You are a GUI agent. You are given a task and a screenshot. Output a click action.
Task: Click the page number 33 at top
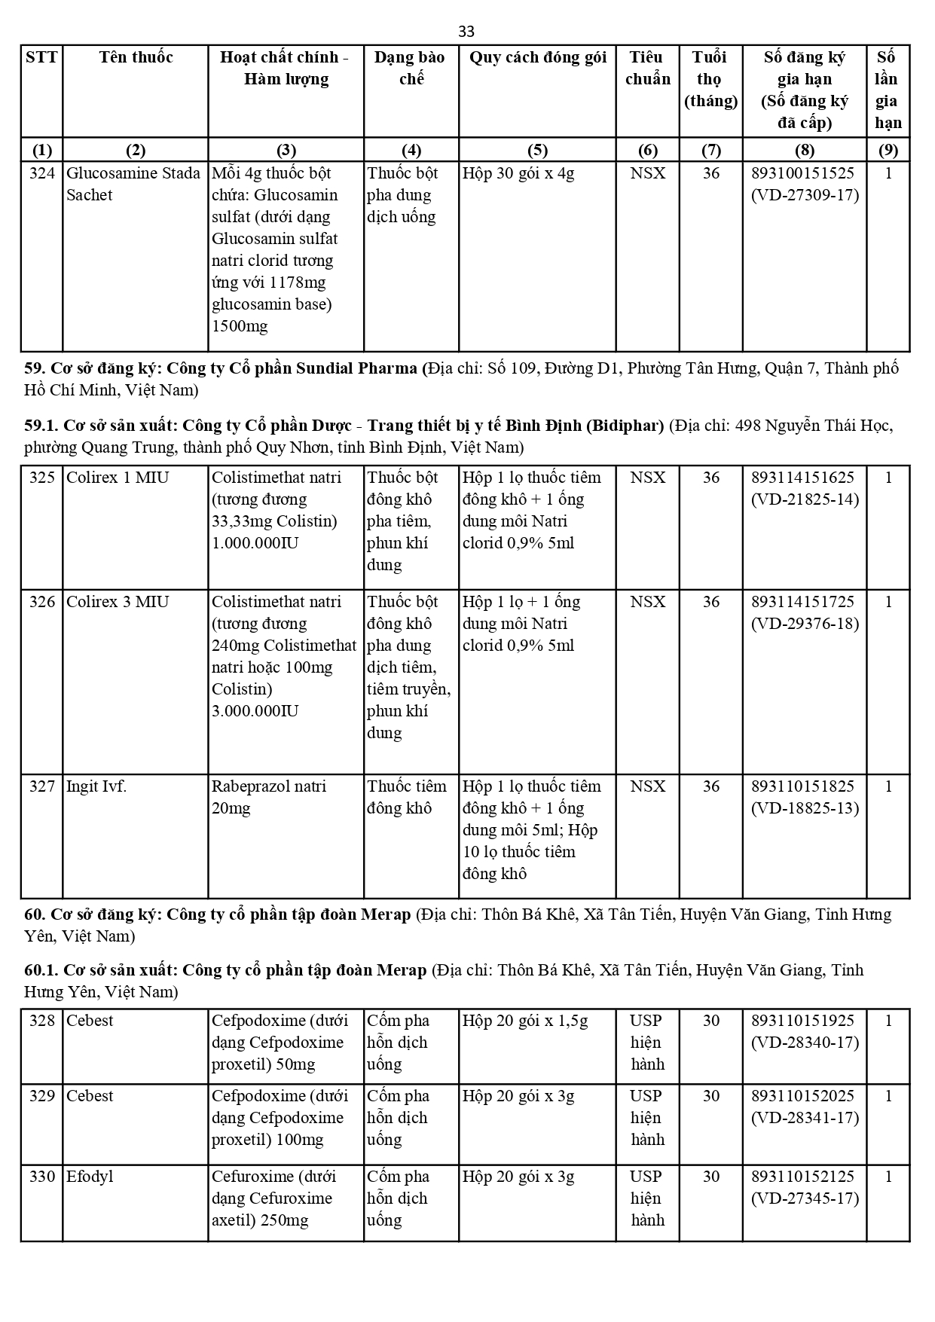click(466, 31)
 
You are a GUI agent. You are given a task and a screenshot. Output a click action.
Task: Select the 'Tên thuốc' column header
click(136, 57)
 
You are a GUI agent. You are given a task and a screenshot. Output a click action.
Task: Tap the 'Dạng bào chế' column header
click(411, 68)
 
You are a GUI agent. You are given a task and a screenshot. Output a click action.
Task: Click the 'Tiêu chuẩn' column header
click(647, 68)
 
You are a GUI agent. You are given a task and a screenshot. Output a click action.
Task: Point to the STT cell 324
click(41, 173)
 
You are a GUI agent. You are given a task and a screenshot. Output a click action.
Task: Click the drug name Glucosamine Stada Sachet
click(133, 184)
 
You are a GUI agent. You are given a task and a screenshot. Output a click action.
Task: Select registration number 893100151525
click(802, 173)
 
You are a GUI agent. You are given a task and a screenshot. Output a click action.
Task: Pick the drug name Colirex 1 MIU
click(118, 478)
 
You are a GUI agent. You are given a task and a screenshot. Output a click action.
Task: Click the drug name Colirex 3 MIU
click(118, 602)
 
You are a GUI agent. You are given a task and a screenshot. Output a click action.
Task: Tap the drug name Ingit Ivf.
click(96, 786)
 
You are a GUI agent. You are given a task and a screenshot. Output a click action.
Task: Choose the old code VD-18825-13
click(805, 808)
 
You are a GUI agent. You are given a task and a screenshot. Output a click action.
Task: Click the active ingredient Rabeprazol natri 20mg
click(269, 797)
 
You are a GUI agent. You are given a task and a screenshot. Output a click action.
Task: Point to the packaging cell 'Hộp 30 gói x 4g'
click(518, 173)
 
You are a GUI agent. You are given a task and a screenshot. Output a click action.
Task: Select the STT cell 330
click(41, 1177)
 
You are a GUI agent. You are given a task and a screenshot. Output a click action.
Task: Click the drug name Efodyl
click(90, 1177)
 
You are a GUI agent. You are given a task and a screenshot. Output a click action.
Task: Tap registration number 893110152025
click(802, 1096)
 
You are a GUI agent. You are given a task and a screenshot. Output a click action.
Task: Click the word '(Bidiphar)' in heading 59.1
click(625, 425)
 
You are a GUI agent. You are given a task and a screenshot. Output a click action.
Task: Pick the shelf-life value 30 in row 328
click(710, 1021)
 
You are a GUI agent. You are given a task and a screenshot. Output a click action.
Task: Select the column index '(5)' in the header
click(537, 150)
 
